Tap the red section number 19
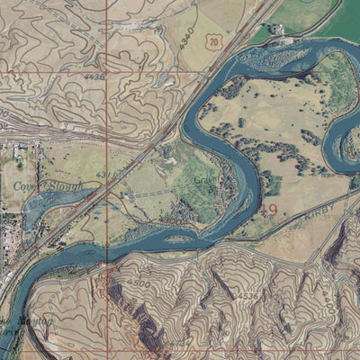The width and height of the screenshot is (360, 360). (x=267, y=211)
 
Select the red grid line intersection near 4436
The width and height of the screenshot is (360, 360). (x=106, y=72)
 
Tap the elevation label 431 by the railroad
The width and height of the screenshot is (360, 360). (x=105, y=174)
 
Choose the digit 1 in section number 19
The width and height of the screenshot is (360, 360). (x=263, y=211)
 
